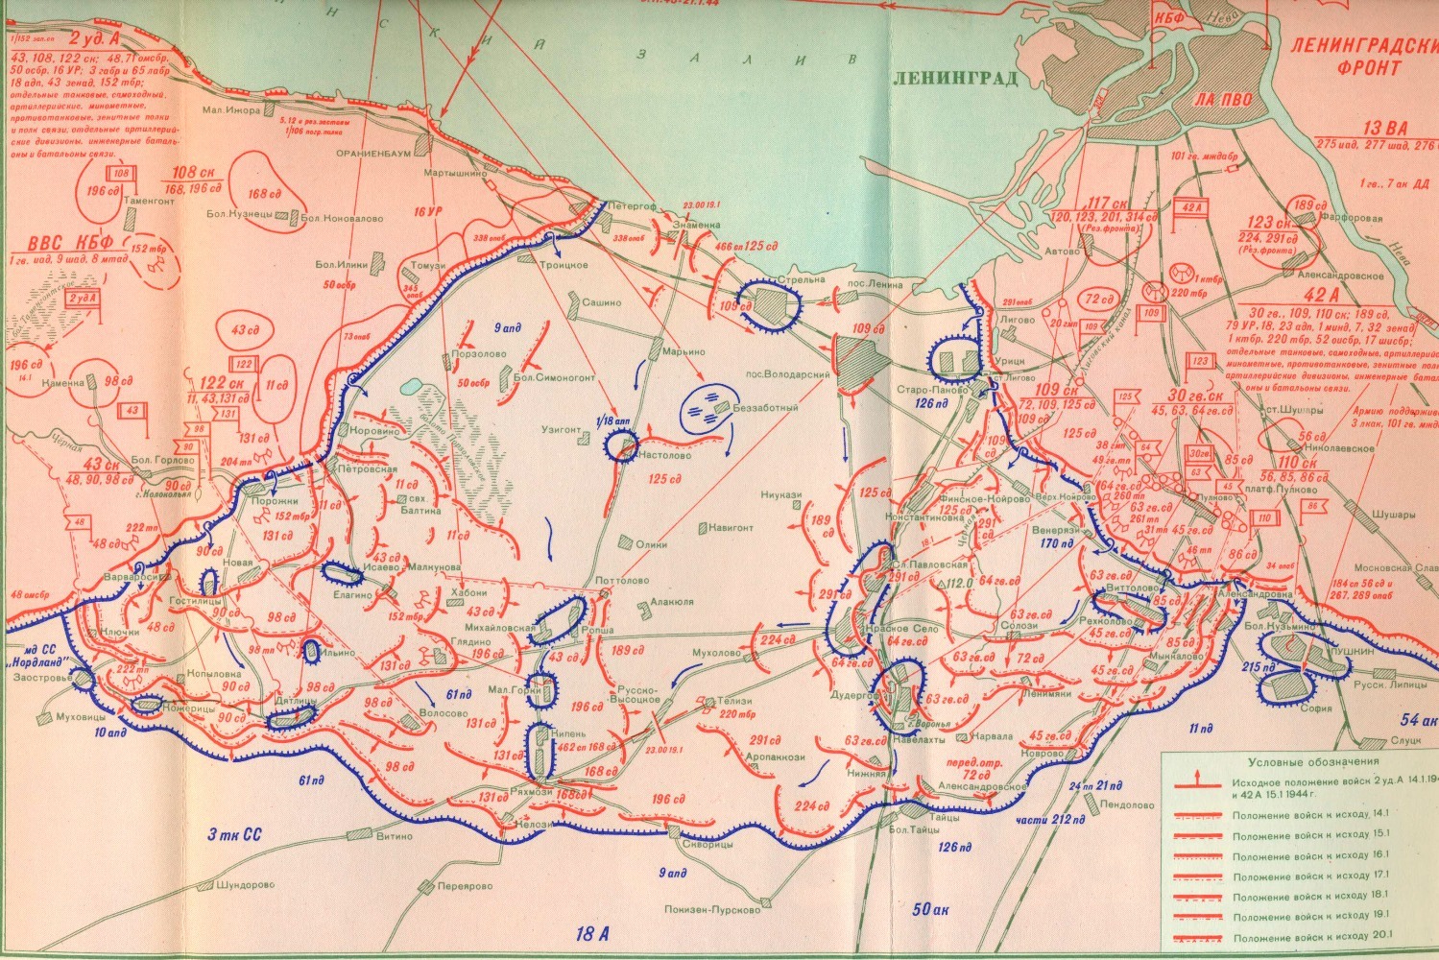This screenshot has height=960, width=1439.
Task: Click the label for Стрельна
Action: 805,279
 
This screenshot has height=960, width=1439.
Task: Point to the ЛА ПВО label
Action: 1219,99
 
